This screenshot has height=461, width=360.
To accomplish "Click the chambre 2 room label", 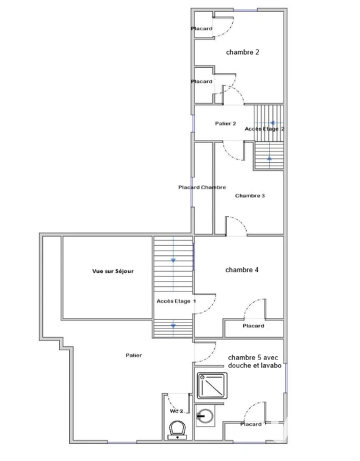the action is point(243,52).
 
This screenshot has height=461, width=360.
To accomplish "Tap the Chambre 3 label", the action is point(250,196).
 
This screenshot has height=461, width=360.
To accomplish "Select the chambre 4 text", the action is point(242,270).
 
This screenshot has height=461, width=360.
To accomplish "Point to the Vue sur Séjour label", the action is point(113,271).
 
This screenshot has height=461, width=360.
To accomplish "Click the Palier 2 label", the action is point(225,124).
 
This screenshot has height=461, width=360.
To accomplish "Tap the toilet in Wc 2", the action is point(177,430).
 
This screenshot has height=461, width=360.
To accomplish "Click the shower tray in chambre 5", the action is point(212,386).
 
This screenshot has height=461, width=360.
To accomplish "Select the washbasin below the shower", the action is point(205,416).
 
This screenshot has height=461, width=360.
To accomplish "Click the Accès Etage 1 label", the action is point(176,301).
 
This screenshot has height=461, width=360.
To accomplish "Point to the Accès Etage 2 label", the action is point(265,129).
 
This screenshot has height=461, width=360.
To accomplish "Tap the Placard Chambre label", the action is point(202,187).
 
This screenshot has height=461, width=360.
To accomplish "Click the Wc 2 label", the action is point(177,411).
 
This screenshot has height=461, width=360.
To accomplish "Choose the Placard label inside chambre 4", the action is point(253,326).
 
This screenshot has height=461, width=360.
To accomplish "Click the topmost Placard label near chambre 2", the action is point(202,29).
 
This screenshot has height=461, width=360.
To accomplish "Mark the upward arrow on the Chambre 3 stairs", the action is point(270,158).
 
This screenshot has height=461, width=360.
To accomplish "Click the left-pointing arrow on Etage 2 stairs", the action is point(273,123).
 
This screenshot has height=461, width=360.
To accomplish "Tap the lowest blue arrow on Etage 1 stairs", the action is point(173,326).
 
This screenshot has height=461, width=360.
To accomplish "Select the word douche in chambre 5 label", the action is point(238,366).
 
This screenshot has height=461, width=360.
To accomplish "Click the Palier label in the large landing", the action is point(134,355).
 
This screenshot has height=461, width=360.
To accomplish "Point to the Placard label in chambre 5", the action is point(251,424).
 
